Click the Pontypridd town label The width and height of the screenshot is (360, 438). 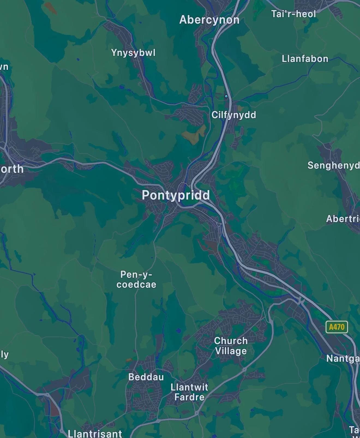click(176, 195)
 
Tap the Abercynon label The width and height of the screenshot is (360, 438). click(209, 20)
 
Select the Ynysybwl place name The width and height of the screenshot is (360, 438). click(133, 53)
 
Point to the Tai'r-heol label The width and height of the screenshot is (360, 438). click(293, 14)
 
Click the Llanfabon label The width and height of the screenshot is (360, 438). click(305, 59)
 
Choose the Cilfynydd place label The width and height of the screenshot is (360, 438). click(234, 115)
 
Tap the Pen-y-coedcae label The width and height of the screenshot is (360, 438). click(136, 279)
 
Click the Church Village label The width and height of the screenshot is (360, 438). click(231, 346)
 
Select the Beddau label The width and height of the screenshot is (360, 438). click(146, 377)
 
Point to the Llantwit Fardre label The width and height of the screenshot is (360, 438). click(189, 392)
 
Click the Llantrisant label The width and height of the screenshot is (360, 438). click(95, 433)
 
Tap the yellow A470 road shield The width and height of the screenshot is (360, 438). click(337, 327)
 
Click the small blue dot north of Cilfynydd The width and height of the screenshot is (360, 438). click(226, 96)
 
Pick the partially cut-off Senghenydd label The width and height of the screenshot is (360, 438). click(333, 165)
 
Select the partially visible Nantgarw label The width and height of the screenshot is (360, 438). click(343, 358)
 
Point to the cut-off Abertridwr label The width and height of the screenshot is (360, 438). click(343, 219)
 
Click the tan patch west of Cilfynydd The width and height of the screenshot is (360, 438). click(194, 135)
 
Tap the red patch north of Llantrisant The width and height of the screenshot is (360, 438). click(54, 409)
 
